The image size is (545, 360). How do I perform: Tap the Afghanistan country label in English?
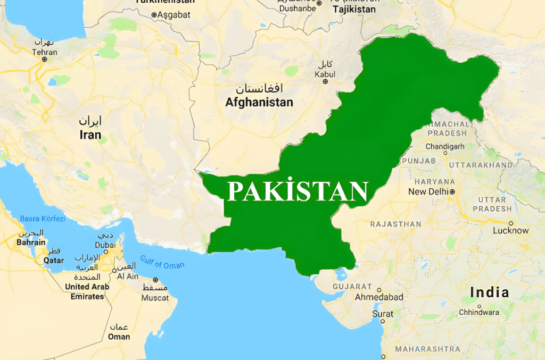pos(259,103)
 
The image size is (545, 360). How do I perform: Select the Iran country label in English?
pos(90,135)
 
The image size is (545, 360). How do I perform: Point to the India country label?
pos(489,292)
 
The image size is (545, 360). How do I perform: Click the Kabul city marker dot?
pos(325,81)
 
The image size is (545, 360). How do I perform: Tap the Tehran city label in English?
pos(44,52)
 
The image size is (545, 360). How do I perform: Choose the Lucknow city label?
pos(510,231)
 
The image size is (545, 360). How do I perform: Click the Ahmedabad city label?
pos(379,297)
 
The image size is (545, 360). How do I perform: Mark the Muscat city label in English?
pos(155,298)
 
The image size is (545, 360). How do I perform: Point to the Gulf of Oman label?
pos(162,262)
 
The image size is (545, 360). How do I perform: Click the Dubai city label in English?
pos(105,245)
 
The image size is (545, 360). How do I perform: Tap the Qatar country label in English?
pos(54,261)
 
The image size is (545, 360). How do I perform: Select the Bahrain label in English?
pos(31,242)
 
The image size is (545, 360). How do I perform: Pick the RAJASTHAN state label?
pos(395,224)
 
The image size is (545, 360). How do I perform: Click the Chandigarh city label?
pos(445,146)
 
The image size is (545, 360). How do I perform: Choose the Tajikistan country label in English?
pos(353,10)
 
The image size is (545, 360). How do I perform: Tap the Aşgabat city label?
pos(173,15)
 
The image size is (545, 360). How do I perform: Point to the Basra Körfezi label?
pos(43,219)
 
